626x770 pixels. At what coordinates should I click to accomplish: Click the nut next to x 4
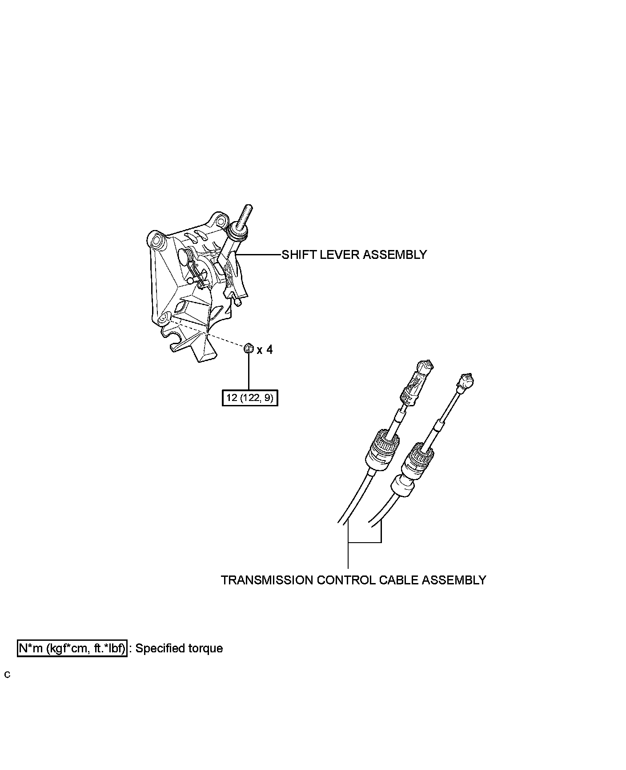[249, 349]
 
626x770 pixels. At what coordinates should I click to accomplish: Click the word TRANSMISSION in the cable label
[267, 580]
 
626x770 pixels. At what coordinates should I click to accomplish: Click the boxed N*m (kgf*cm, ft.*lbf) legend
[72, 648]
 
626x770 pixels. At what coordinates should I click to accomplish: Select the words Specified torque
[179, 648]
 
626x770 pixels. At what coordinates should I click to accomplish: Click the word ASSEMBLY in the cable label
[453, 580]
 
